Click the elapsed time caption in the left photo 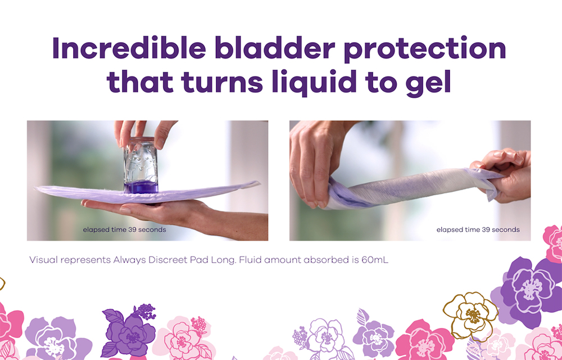coord(125,229)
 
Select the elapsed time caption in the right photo coord(478,229)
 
